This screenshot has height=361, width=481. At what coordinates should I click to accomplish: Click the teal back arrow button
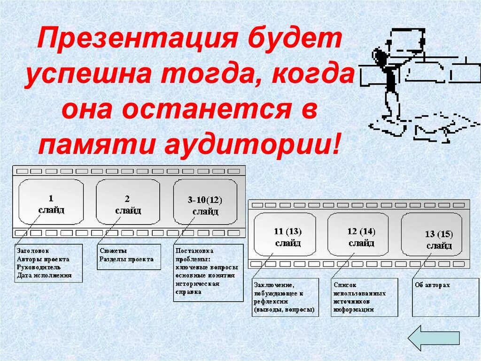point(433,337)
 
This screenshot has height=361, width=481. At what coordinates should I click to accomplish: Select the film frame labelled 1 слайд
point(51,202)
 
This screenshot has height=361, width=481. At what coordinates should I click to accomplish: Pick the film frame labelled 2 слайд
point(128,202)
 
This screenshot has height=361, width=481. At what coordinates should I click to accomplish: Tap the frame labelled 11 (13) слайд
point(285,234)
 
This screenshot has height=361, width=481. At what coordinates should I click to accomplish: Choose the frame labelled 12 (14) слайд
point(358,234)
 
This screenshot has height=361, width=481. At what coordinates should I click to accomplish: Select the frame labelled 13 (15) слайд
point(432,238)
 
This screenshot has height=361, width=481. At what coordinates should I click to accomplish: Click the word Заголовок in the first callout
point(32,251)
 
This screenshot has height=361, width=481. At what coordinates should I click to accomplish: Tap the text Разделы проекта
point(126,259)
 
